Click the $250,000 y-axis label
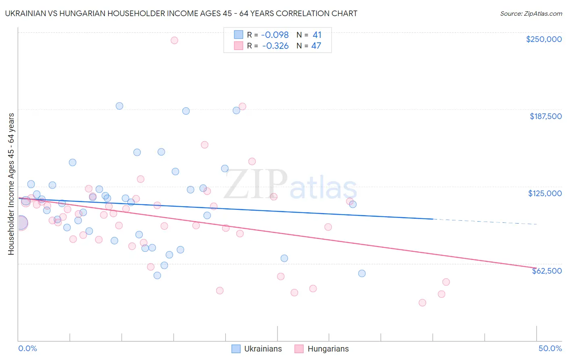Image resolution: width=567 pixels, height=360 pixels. pyautogui.click(x=544, y=39)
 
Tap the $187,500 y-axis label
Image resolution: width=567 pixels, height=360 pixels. pyautogui.click(x=545, y=116)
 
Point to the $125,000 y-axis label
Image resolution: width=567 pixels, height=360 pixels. pyautogui.click(x=545, y=193)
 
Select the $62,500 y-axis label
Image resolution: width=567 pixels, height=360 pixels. pyautogui.click(x=546, y=271)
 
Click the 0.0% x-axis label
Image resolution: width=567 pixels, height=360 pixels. pyautogui.click(x=27, y=348)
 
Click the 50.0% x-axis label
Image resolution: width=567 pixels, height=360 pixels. pyautogui.click(x=550, y=348)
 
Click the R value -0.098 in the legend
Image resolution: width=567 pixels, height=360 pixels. pyautogui.click(x=275, y=35)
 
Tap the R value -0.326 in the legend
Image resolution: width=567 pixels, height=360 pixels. pyautogui.click(x=275, y=46)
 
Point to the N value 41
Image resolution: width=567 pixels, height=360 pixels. pyautogui.click(x=317, y=35)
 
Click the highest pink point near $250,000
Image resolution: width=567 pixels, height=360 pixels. pyautogui.click(x=174, y=40)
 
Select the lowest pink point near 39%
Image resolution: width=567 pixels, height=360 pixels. pyautogui.click(x=422, y=303)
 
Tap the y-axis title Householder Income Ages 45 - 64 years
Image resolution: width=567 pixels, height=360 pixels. pyautogui.click(x=11, y=184)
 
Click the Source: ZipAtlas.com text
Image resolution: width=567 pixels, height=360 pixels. pyautogui.click(x=531, y=13)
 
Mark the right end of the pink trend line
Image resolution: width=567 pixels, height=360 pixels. pyautogui.click(x=536, y=268)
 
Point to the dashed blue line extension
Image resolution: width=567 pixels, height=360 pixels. pyautogui.click(x=484, y=222)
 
